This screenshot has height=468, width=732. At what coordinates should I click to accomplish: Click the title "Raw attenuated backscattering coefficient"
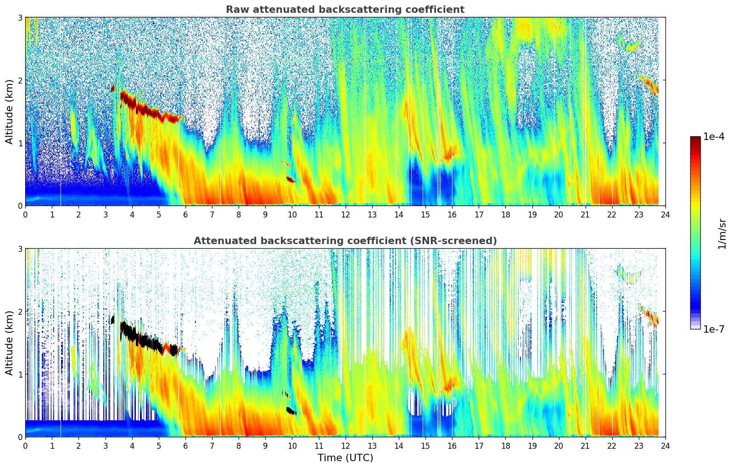[x=345, y=10]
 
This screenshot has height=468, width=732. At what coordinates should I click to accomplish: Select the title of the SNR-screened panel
[x=345, y=241]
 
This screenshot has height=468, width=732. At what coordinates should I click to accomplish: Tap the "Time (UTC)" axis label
[x=345, y=458]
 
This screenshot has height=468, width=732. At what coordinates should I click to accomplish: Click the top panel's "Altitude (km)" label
[x=10, y=111]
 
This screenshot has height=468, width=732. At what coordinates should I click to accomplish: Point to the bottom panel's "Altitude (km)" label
[x=10, y=343]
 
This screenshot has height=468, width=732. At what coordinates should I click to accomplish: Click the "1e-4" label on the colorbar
[x=714, y=137]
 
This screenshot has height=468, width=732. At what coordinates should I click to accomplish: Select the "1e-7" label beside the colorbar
[x=714, y=329]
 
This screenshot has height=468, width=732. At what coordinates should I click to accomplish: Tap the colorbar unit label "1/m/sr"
[x=722, y=234]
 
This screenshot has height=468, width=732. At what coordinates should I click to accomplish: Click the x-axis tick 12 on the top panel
[x=345, y=214]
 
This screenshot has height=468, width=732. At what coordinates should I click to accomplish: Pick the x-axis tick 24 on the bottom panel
[x=665, y=446]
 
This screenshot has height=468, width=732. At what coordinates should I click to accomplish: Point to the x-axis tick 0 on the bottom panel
[x=25, y=446]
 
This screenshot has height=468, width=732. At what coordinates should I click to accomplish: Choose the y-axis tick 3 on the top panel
[x=20, y=17]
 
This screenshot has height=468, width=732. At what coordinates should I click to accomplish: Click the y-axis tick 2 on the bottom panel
[x=20, y=312]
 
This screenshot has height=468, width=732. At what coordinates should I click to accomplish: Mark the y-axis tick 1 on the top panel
[x=20, y=143]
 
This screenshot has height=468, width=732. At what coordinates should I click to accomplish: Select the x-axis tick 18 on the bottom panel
[x=505, y=446]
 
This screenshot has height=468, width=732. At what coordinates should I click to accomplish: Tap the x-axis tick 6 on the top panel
[x=185, y=214]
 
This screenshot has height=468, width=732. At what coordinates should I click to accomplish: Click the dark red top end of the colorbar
[x=695, y=138]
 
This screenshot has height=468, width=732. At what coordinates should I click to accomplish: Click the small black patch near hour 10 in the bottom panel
[x=291, y=411]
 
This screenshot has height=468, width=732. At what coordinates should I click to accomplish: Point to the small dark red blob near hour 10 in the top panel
[x=291, y=179]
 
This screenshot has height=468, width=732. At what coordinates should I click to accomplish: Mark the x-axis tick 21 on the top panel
[x=585, y=214]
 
